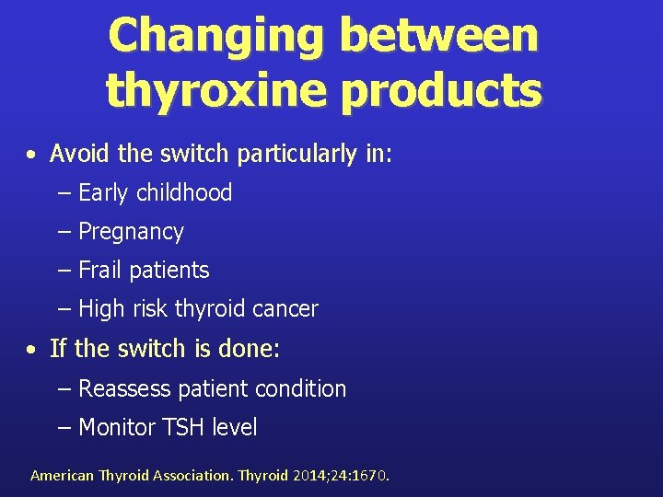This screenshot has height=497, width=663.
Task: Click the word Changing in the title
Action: [x=216, y=35]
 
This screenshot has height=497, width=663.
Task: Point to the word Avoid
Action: [x=80, y=154]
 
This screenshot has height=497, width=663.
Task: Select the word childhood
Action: [x=184, y=192]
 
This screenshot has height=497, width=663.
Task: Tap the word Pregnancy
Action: [x=131, y=232]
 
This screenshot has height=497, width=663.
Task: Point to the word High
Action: [x=101, y=309]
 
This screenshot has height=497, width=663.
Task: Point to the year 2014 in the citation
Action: [x=311, y=476]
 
